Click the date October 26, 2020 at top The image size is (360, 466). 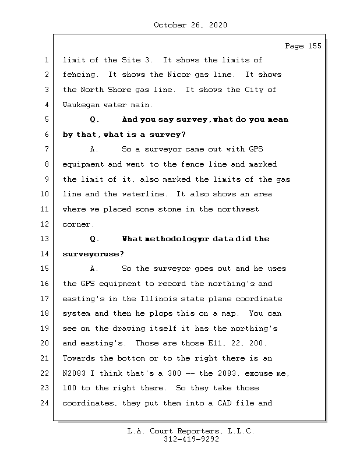pos(190,25)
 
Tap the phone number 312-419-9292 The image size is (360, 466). pos(190,440)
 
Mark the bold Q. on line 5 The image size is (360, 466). pos(95,119)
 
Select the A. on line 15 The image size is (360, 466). pos(95,269)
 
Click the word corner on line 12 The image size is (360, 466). pos(77,224)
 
